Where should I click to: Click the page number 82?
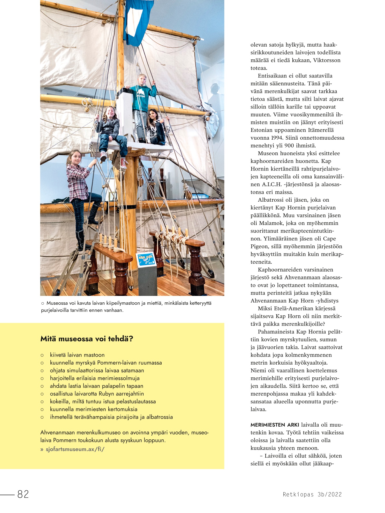pyautogui.click(x=23, y=494)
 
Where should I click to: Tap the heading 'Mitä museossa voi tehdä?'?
pyautogui.click(x=87, y=339)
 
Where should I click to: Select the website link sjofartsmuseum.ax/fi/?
pyautogui.click(x=75, y=449)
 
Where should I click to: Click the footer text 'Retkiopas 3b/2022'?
pyautogui.click(x=312, y=494)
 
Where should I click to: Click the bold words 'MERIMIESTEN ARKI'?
pyautogui.click(x=271, y=425)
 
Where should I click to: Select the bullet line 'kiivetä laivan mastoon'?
pyautogui.click(x=77, y=355)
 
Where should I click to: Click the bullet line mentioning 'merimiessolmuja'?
pyautogui.click(x=95, y=378)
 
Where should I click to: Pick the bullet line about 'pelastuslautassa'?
pyautogui.click(x=103, y=401)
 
